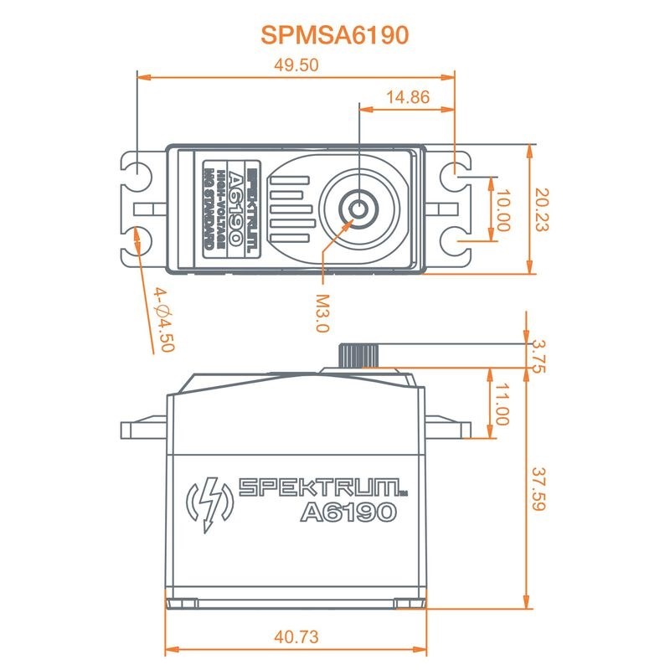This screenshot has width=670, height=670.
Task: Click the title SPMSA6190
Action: click(335, 34)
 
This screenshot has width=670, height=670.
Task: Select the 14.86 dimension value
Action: click(407, 97)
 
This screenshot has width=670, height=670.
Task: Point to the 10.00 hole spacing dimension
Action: click(502, 209)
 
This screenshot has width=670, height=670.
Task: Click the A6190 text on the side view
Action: click(346, 511)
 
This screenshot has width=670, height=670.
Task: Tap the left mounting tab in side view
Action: click(144, 430)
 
